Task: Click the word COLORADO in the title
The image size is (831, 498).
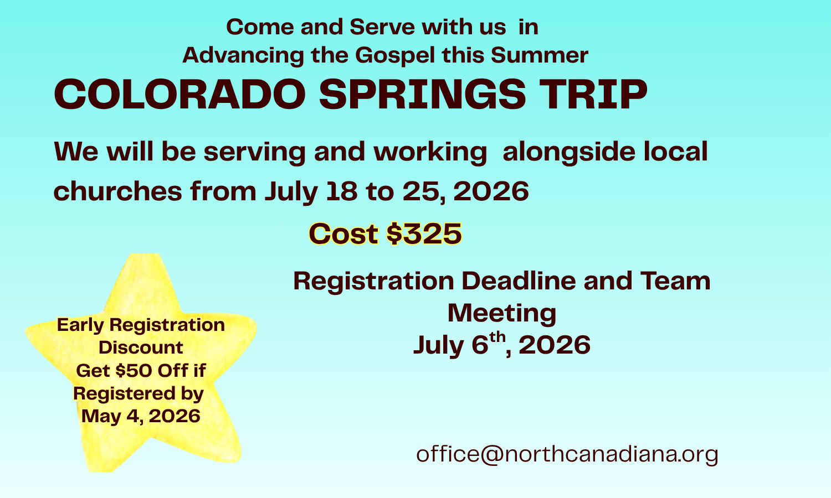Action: pyautogui.click(x=180, y=94)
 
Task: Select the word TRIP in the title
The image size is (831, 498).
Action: pyautogui.click(x=593, y=94)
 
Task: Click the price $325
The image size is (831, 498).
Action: pyautogui.click(x=424, y=234)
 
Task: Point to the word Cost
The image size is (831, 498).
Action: pyautogui.click(x=343, y=234)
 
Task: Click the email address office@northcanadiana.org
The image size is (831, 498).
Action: pyautogui.click(x=567, y=454)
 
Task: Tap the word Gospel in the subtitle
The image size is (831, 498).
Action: pyautogui.click(x=394, y=55)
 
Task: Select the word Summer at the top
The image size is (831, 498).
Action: pyautogui.click(x=540, y=55)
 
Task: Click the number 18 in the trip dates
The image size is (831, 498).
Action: pyautogui.click(x=342, y=191)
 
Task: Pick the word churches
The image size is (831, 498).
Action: pyautogui.click(x=117, y=191)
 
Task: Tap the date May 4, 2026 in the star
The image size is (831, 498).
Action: pyautogui.click(x=141, y=416)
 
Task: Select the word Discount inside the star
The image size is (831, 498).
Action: pyautogui.click(x=141, y=347)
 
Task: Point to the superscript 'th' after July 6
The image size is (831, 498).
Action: pyautogui.click(x=497, y=338)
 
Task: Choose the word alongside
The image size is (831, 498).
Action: pyautogui.click(x=569, y=152)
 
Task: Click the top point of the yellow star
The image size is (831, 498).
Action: pyautogui.click(x=145, y=254)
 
